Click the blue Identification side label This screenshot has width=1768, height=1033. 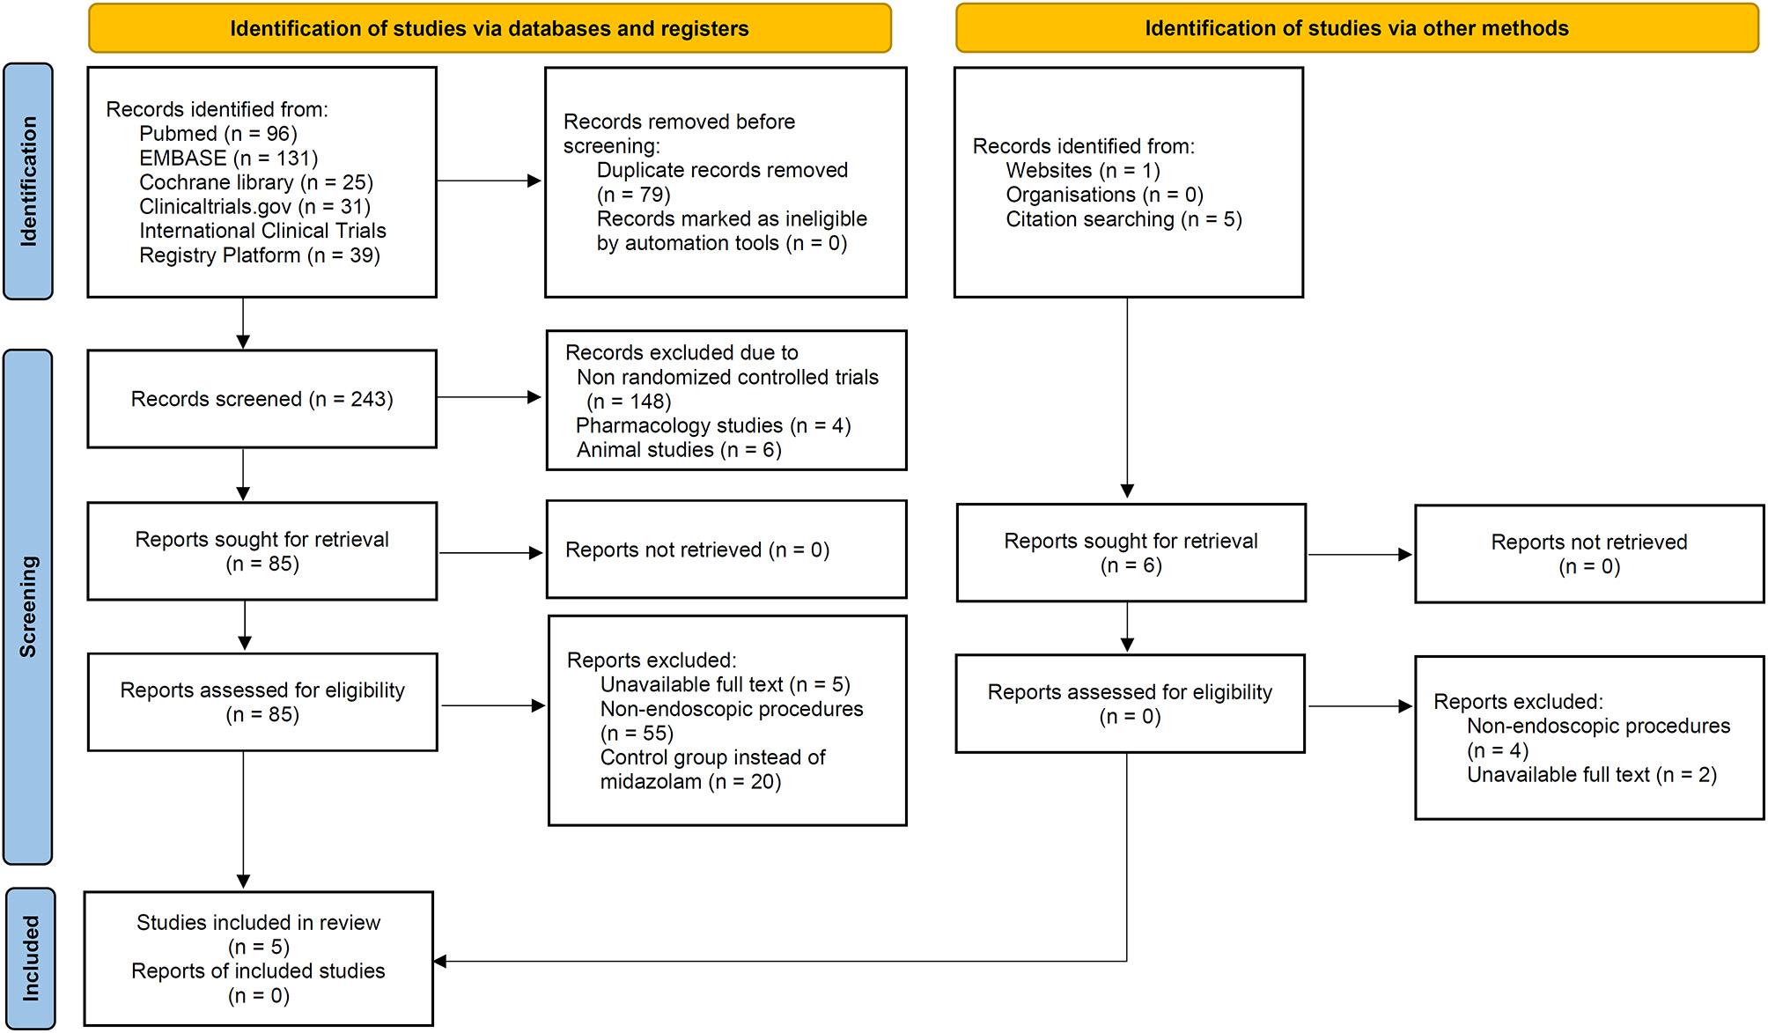click(28, 181)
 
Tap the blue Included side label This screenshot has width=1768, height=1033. click(30, 958)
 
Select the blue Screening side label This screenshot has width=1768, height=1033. click(28, 607)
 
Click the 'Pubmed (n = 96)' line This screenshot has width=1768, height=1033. click(218, 134)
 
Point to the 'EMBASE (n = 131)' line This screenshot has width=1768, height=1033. click(228, 159)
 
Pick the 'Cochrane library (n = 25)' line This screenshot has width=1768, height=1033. click(256, 182)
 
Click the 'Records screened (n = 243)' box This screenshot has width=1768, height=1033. click(262, 399)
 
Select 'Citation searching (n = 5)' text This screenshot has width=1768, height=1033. click(1123, 219)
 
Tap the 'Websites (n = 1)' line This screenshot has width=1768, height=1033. click(1083, 170)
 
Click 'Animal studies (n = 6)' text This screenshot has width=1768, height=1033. click(679, 450)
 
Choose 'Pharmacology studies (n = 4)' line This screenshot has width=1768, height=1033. click(713, 426)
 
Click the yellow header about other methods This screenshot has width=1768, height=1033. click(1356, 28)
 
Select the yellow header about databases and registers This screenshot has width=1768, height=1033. click(490, 28)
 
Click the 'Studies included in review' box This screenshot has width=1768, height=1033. click(258, 958)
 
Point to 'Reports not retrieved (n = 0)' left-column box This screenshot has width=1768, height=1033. click(726, 550)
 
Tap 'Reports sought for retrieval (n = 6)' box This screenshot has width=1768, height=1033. click(1131, 553)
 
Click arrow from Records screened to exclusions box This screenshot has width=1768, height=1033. click(490, 397)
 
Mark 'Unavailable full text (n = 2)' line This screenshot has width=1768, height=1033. click(1591, 775)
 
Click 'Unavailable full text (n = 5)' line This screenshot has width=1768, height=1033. click(725, 685)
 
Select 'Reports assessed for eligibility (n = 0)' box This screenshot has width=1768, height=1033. click(1130, 704)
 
